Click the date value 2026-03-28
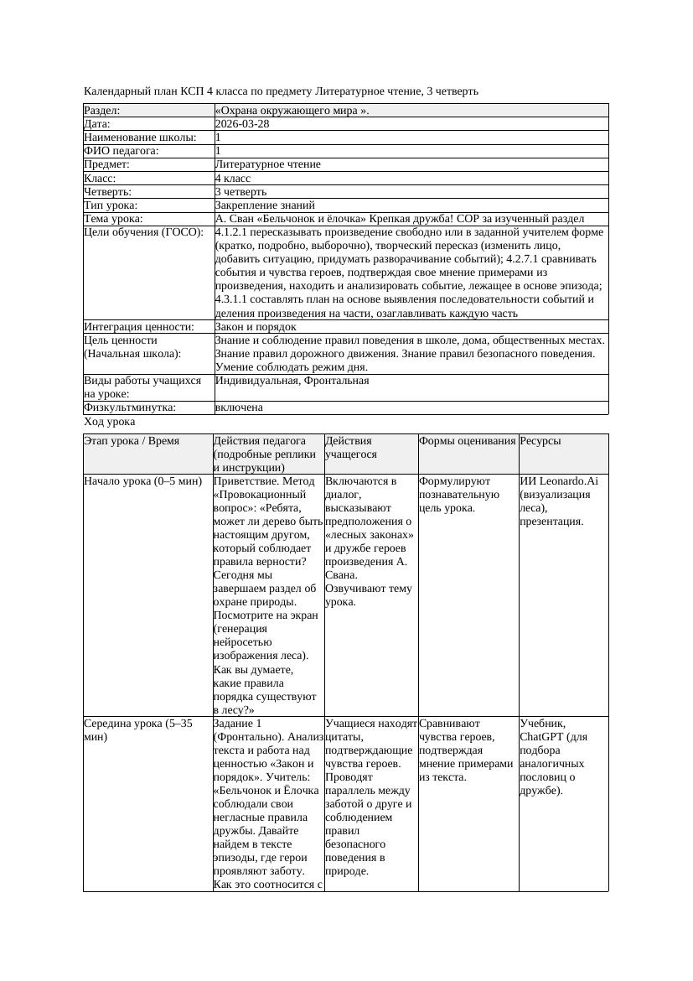click(242, 124)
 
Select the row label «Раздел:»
click(102, 111)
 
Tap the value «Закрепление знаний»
click(265, 205)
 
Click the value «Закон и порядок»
click(256, 327)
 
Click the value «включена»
click(239, 407)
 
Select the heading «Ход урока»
click(110, 423)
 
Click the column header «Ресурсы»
click(540, 441)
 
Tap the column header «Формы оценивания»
click(468, 441)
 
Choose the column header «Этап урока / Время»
click(132, 441)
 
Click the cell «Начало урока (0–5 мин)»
click(143, 482)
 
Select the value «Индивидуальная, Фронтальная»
click(292, 381)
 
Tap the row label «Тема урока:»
click(113, 219)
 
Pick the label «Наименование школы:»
click(141, 138)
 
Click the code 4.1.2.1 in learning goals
click(235, 232)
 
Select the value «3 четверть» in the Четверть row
click(240, 192)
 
